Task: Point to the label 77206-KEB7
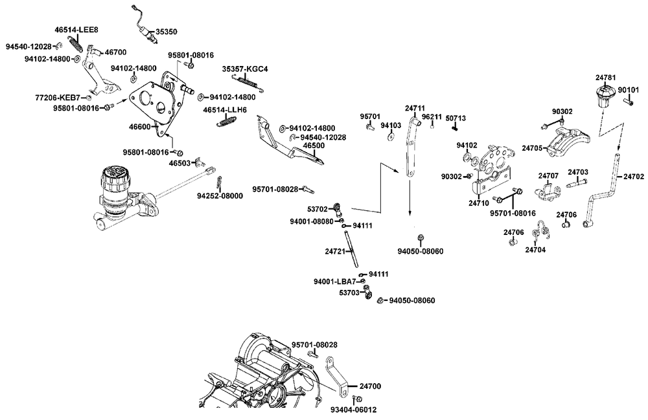point(58,98)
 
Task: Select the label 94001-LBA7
point(334,282)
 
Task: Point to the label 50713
point(456,118)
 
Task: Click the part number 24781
point(606,78)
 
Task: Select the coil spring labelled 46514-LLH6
point(225,121)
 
